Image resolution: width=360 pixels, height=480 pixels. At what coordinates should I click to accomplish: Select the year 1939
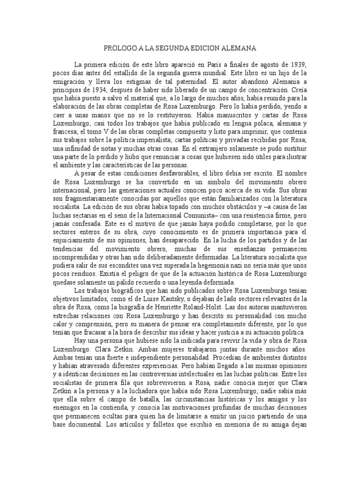(298, 64)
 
